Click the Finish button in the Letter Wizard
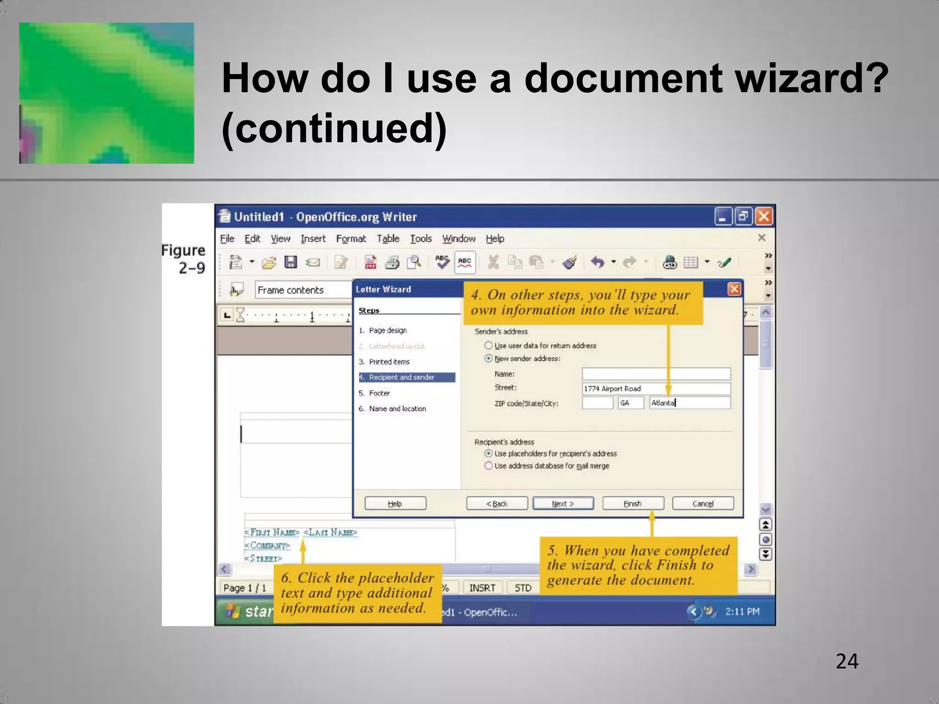(633, 503)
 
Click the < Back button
(497, 503)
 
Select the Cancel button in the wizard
(702, 503)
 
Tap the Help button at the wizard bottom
(395, 503)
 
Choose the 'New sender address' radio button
(489, 358)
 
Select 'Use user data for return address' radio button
(489, 346)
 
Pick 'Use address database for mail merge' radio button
(489, 466)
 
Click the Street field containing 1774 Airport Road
(656, 389)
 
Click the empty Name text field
(656, 374)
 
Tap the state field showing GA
(630, 403)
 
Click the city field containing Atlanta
(690, 403)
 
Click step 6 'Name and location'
(397, 408)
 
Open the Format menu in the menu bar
(351, 239)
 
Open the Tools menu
(420, 239)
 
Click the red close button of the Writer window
(764, 216)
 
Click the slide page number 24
(847, 661)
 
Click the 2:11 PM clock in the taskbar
(742, 611)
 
